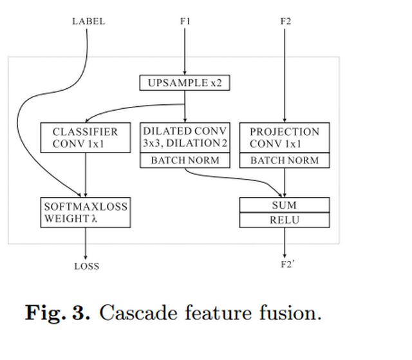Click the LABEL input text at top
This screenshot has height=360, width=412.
point(88,21)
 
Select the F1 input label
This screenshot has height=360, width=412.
point(185,21)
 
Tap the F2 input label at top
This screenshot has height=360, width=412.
point(286,21)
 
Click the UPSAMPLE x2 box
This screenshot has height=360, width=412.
point(185,83)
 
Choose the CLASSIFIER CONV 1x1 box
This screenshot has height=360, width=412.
point(86,138)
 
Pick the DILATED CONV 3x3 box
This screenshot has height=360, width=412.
point(185,137)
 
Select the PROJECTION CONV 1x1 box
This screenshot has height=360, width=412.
point(285,138)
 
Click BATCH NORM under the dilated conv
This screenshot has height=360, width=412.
point(185,160)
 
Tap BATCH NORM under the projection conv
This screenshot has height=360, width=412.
point(285,160)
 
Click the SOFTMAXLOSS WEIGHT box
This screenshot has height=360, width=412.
point(86,213)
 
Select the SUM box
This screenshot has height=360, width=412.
point(285,205)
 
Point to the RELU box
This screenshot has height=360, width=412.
point(285,220)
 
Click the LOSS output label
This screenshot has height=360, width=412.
point(86,266)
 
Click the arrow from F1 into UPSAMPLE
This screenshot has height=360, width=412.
point(185,52)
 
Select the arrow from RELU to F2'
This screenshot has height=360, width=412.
point(285,242)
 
